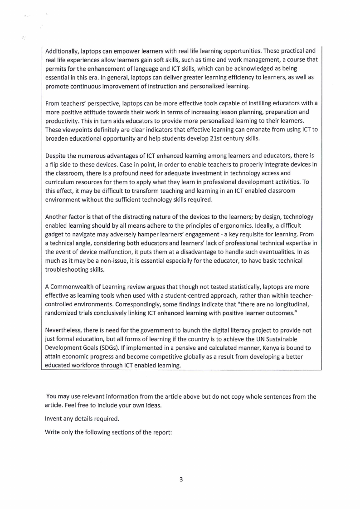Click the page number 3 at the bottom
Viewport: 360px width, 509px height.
(x=180, y=480)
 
